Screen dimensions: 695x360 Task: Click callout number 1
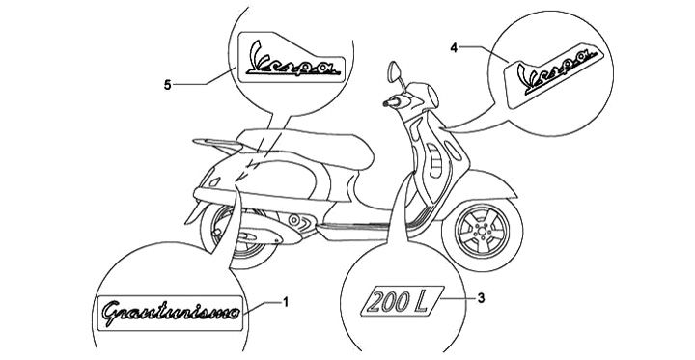(286, 302)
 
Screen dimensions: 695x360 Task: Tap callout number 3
(481, 298)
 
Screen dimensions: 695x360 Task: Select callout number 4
(454, 47)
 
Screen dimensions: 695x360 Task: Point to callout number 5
(167, 85)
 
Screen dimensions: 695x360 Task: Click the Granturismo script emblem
(171, 313)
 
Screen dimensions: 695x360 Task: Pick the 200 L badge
(402, 301)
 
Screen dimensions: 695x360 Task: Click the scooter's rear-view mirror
(394, 71)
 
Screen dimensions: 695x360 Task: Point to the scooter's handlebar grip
(391, 103)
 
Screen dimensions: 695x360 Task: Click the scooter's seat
(306, 147)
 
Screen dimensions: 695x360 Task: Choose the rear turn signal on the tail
(214, 181)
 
